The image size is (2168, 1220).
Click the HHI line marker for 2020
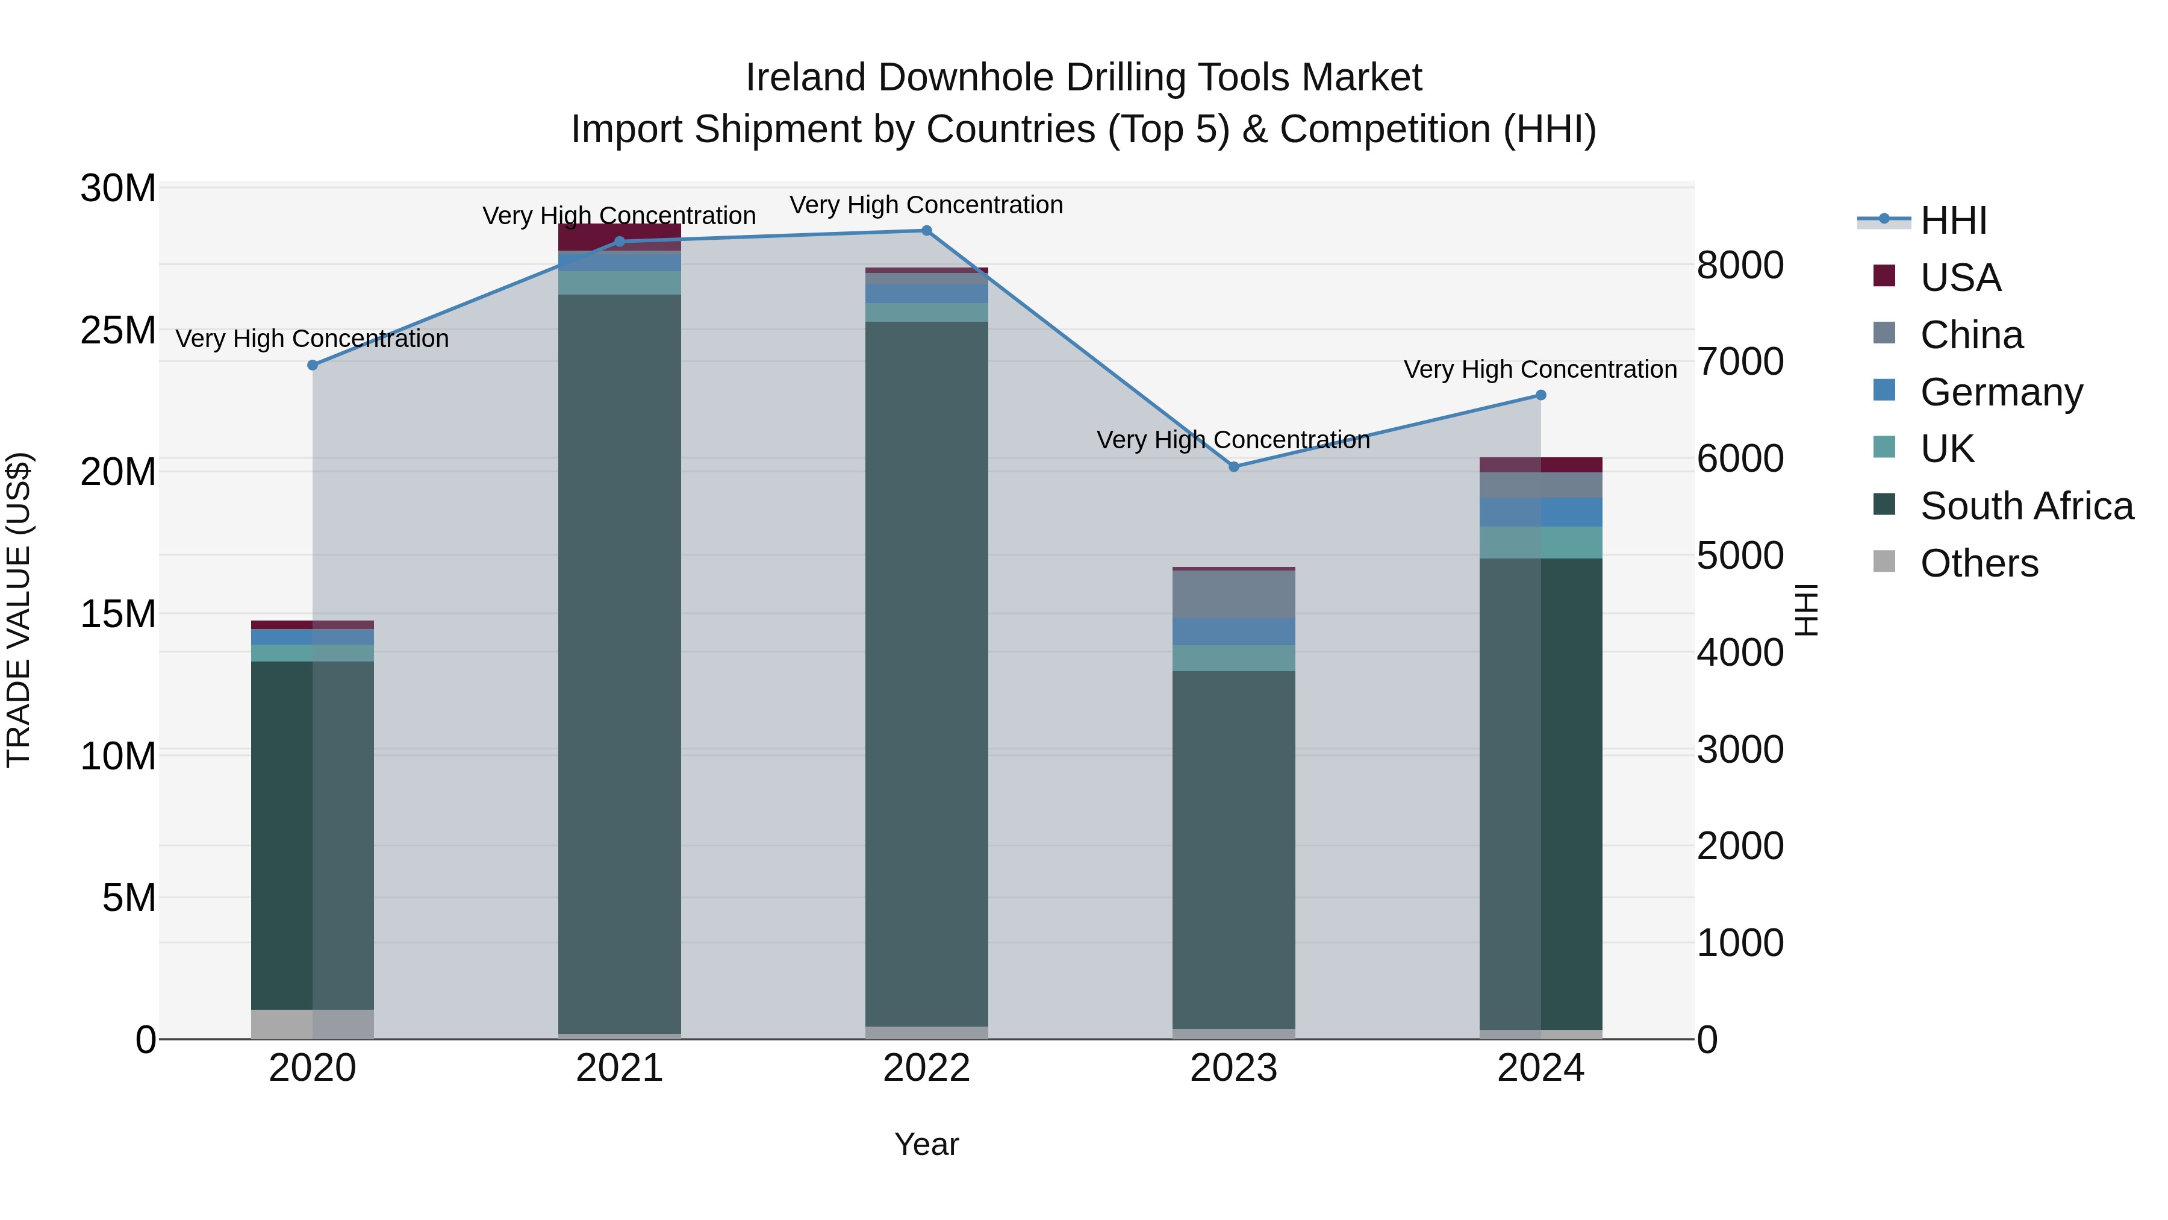[312, 364]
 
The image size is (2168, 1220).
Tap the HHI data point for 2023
[1234, 466]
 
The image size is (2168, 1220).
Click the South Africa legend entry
[2026, 506]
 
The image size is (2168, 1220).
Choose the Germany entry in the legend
[2001, 392]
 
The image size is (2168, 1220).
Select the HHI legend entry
[1952, 221]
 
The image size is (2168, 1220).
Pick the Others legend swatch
[1884, 562]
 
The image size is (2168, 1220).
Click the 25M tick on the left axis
[118, 330]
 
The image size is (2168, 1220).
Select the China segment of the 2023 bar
[1234, 595]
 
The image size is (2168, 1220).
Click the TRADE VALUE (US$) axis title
[19, 610]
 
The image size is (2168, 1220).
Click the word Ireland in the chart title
[805, 78]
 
